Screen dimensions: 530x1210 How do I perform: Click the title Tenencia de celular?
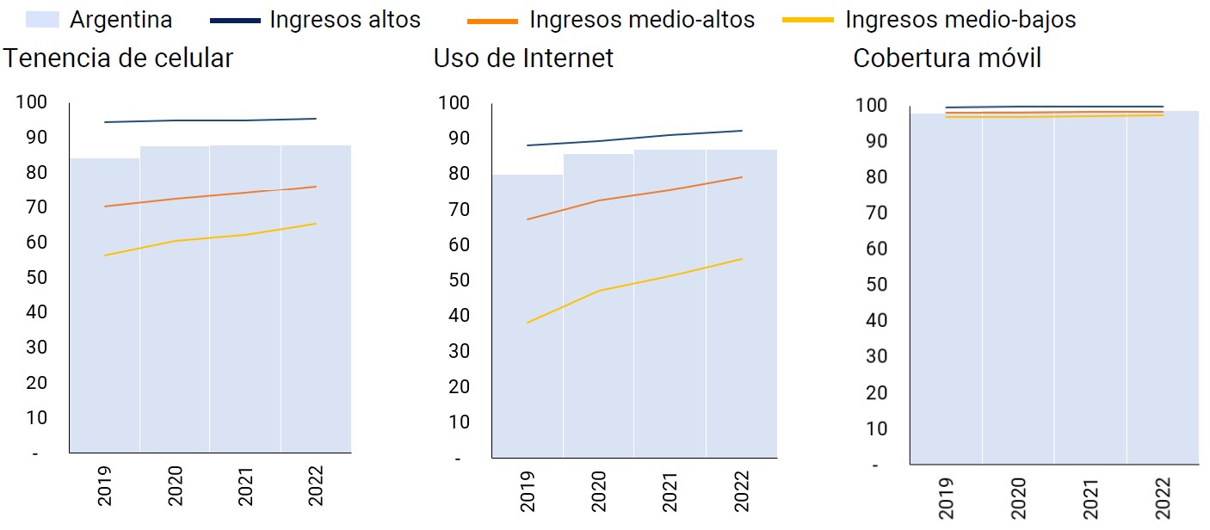click(118, 59)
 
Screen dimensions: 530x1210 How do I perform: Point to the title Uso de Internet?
click(523, 59)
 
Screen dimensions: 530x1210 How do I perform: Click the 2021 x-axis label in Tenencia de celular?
click(245, 487)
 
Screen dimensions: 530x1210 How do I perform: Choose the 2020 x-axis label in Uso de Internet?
click(598, 490)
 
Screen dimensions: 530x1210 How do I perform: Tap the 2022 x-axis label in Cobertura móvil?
click(1163, 497)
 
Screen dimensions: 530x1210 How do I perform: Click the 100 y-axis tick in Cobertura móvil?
click(872, 106)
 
